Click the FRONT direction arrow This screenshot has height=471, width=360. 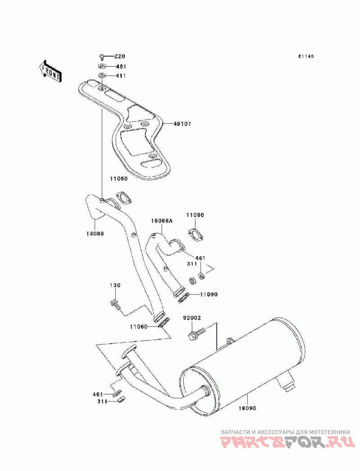pos(50,71)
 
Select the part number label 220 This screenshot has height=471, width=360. pos(120,56)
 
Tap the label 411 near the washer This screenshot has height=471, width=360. pos(121,76)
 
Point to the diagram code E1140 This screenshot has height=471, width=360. pos(306,56)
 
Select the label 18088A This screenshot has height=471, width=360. pos(162,221)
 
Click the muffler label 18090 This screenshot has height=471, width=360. pos(247,408)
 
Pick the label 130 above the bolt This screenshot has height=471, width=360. pos(115,285)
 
